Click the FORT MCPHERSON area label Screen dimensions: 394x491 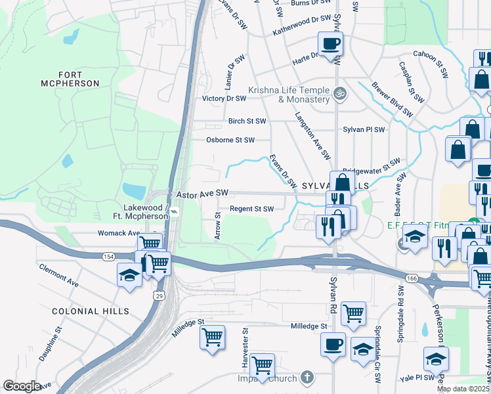[x=78, y=79]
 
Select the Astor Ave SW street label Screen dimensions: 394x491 [x=202, y=193]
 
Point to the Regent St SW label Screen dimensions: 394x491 [x=251, y=209]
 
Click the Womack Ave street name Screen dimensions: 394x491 [x=119, y=233]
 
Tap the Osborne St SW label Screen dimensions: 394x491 [x=230, y=140]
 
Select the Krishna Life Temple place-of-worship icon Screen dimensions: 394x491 [x=339, y=93]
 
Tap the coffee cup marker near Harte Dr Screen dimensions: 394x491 [x=330, y=44]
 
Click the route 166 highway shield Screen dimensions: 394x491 [x=411, y=279]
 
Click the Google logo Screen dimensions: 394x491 [x=22, y=386]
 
